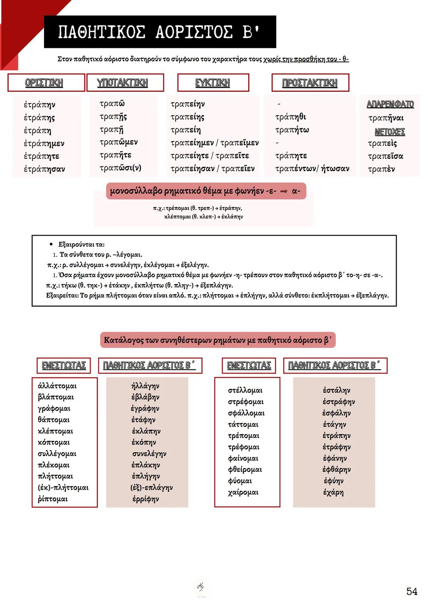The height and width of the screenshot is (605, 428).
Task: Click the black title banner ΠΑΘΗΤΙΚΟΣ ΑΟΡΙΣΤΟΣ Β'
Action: click(x=160, y=32)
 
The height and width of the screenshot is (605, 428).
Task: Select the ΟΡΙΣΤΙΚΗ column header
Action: click(x=44, y=83)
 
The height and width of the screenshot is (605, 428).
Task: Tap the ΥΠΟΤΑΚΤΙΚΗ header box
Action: click(x=122, y=83)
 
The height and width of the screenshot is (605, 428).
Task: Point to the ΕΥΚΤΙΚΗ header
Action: click(x=212, y=83)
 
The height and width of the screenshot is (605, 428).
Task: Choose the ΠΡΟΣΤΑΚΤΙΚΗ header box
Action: click(x=310, y=83)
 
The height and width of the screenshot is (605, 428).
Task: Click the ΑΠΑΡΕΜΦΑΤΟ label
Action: click(x=390, y=104)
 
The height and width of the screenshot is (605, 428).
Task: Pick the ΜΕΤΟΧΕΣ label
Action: click(x=390, y=131)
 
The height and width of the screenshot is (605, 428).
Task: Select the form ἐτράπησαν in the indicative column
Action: click(x=44, y=169)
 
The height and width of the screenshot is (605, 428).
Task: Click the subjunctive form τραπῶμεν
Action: click(x=118, y=142)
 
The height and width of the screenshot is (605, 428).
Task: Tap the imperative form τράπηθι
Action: click(x=290, y=117)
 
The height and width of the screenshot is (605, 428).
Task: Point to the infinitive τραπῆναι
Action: click(x=386, y=118)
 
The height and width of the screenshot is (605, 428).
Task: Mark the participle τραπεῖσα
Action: click(x=385, y=156)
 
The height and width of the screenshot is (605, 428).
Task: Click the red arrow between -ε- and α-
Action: click(x=283, y=191)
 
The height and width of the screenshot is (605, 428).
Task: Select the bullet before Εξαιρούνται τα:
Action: click(x=51, y=244)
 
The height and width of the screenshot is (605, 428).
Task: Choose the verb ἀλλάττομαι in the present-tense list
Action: click(x=57, y=386)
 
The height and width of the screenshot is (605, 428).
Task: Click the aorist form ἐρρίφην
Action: click(x=145, y=499)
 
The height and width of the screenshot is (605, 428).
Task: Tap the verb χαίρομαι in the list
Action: click(x=243, y=492)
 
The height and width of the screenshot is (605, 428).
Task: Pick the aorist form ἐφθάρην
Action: click(x=336, y=470)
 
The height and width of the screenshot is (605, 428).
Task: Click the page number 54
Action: click(x=412, y=592)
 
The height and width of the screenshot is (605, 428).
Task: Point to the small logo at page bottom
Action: click(x=201, y=586)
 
